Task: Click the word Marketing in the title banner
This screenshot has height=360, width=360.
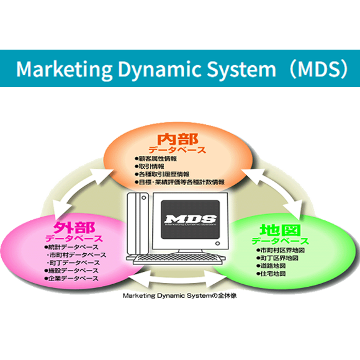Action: point(55,69)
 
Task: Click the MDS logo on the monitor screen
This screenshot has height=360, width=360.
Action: point(190,219)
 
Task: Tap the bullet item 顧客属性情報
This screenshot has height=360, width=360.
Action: point(159,158)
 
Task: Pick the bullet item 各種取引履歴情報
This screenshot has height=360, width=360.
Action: point(164,174)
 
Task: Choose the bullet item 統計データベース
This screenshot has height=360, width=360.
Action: point(73,247)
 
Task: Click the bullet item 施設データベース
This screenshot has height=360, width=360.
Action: point(73,271)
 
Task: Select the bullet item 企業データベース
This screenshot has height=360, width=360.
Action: point(73,279)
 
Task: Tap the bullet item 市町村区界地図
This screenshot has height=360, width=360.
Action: point(279,250)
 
